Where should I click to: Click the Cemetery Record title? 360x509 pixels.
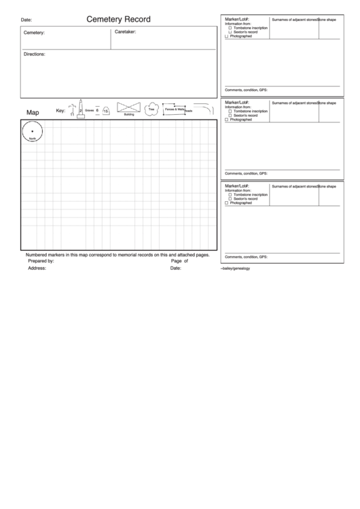118,20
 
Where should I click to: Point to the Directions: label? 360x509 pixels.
35,54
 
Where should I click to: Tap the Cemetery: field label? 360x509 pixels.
34,33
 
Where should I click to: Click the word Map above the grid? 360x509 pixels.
33,112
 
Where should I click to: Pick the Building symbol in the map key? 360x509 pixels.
129,108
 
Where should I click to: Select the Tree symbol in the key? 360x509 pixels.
151,109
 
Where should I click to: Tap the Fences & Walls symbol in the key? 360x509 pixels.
175,109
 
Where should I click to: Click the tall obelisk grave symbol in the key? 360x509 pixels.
81,108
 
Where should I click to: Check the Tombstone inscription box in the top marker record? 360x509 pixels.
230,28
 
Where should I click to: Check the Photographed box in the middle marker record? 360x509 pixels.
227,120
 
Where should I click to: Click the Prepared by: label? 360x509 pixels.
41,261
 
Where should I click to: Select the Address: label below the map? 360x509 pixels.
37,268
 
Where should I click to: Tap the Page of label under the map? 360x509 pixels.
179,261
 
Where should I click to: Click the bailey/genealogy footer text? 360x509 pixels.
236,268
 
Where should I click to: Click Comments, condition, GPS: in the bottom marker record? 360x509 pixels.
246,257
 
